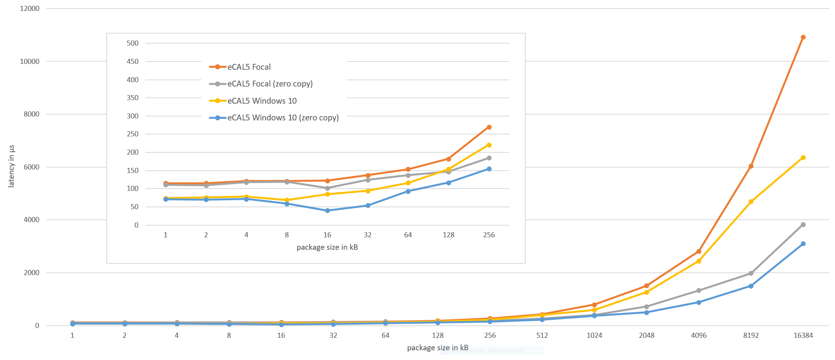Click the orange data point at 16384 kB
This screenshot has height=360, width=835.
pyautogui.click(x=803, y=37)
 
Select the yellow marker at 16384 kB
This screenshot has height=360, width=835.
pyautogui.click(x=803, y=158)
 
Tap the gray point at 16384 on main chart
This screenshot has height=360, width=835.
pyautogui.click(x=803, y=225)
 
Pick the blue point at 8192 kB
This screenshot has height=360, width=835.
pyautogui.click(x=751, y=286)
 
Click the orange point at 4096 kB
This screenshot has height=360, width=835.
pyautogui.click(x=699, y=252)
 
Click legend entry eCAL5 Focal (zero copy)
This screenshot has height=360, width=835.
pyautogui.click(x=270, y=84)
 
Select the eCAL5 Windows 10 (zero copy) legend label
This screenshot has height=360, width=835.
pyautogui.click(x=283, y=118)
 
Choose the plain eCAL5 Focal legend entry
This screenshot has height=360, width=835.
pyautogui.click(x=249, y=67)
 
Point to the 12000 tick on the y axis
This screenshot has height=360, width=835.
pyautogui.click(x=30, y=9)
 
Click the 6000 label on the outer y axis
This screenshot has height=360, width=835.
pyautogui.click(x=32, y=167)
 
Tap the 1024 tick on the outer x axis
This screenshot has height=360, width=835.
pyautogui.click(x=594, y=335)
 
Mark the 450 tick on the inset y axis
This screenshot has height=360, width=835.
pyautogui.click(x=132, y=62)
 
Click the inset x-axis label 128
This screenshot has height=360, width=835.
pyautogui.click(x=448, y=235)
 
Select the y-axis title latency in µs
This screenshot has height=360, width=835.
pyautogui.click(x=11, y=166)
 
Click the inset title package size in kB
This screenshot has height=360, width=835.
pyautogui.click(x=327, y=247)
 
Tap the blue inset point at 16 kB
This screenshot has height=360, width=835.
pyautogui.click(x=327, y=211)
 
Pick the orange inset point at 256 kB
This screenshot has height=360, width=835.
pyautogui.click(x=489, y=127)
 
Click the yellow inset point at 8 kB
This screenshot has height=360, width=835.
pyautogui.click(x=287, y=200)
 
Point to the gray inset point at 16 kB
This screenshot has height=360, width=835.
pyautogui.click(x=327, y=188)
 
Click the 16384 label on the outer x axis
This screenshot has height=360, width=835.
pyautogui.click(x=803, y=335)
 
